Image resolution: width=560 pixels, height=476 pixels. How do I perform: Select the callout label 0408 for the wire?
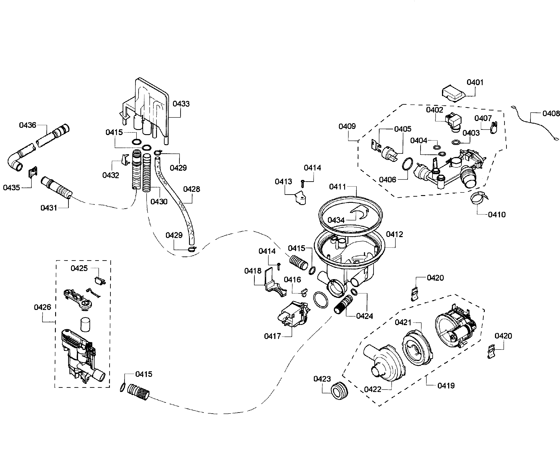(551, 114)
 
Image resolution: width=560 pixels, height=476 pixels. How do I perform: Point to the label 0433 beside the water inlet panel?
(181, 104)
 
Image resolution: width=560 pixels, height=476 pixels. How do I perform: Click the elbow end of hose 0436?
(15, 163)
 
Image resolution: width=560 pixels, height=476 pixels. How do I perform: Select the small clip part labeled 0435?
(33, 172)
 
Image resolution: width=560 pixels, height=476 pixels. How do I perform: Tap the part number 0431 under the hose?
(49, 208)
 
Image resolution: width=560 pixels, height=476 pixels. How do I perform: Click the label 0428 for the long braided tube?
(191, 189)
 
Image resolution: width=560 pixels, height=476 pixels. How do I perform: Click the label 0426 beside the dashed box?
(42, 307)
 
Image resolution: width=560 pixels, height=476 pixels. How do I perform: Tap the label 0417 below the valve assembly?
(272, 336)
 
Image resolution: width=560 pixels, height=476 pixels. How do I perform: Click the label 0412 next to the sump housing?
(395, 234)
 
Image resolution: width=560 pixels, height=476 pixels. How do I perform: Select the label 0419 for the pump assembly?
(446, 386)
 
